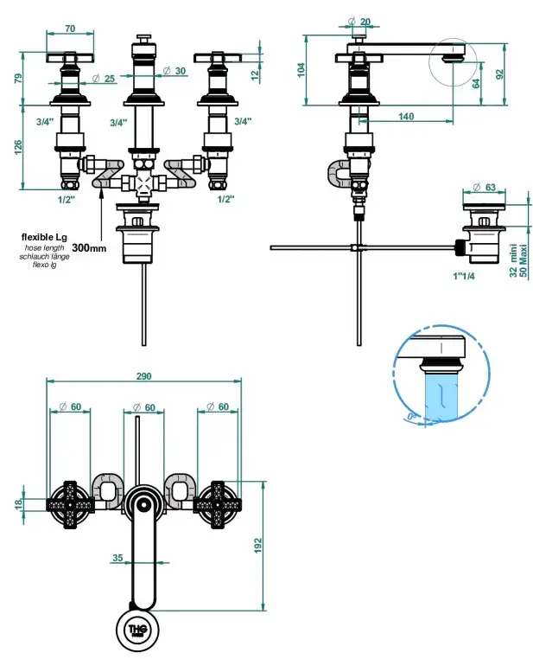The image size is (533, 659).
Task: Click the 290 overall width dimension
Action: pos(143,376)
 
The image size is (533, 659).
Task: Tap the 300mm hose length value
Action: pos(89,247)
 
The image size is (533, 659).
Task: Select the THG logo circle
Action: pos(138,627)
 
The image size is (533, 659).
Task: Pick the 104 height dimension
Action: pos(301,70)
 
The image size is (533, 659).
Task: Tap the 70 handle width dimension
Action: pos(68,29)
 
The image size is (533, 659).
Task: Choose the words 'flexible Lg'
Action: pos(44,237)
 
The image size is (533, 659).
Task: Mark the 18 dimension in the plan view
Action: pos(19,503)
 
